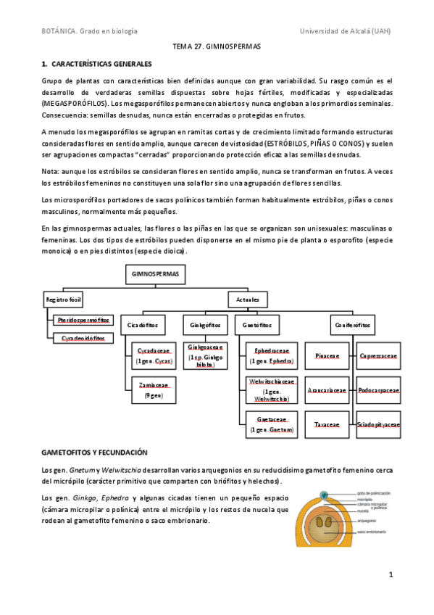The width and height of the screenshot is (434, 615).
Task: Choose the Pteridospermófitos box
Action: pos(85,319)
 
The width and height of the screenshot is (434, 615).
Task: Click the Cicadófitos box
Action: pos(143,324)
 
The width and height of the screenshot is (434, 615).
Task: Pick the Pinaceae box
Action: pos(327,356)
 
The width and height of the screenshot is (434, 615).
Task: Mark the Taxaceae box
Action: pos(327,424)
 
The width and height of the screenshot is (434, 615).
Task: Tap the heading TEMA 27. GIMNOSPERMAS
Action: pos(216,46)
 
